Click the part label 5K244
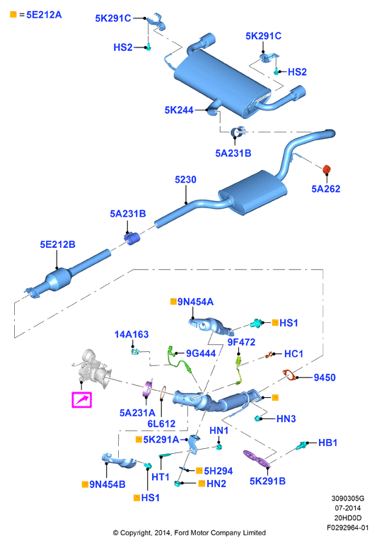click(179, 110)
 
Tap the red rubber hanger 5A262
click(327, 169)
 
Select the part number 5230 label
click(185, 179)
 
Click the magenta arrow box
click(81, 400)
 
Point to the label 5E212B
click(57, 244)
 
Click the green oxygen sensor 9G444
click(179, 360)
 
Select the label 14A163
click(132, 334)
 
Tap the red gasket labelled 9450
click(289, 375)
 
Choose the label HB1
click(327, 443)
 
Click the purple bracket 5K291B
click(257, 459)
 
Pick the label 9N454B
click(107, 484)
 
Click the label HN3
click(286, 418)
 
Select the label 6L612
click(161, 423)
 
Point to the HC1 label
click(293, 354)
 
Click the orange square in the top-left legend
click(13, 14)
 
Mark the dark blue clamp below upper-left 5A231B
click(132, 238)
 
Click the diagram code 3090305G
click(348, 498)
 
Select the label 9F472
click(241, 342)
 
